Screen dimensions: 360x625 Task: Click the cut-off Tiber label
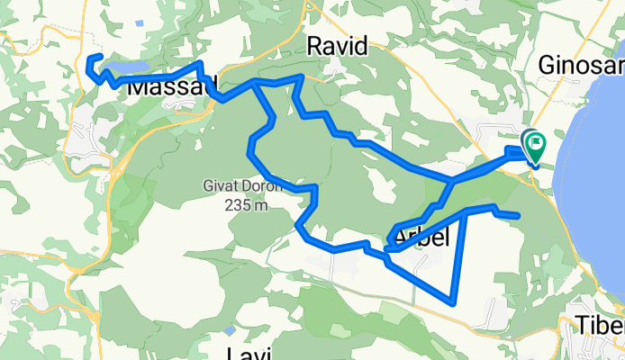point(602,325)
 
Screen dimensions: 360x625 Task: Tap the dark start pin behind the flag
point(526,137)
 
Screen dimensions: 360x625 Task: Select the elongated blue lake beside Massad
point(126,67)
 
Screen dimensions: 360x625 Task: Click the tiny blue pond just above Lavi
point(231,330)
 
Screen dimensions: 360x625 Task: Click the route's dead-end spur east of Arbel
point(518,215)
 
